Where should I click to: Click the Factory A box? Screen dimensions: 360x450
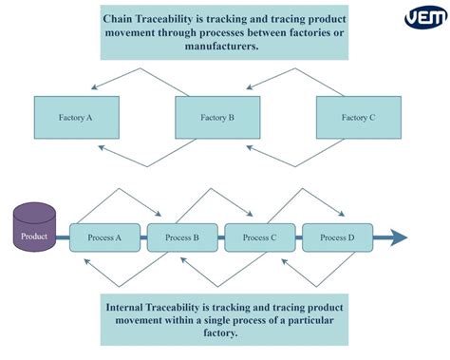coord(76,118)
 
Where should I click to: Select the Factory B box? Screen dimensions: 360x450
coord(217,118)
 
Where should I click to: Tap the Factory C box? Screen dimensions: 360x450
coord(359,118)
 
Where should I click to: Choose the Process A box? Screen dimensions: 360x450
coord(104,237)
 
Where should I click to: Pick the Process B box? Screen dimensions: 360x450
coord(182,237)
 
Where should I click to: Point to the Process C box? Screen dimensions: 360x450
coord(260,237)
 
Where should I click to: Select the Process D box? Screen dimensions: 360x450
coord(338,237)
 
